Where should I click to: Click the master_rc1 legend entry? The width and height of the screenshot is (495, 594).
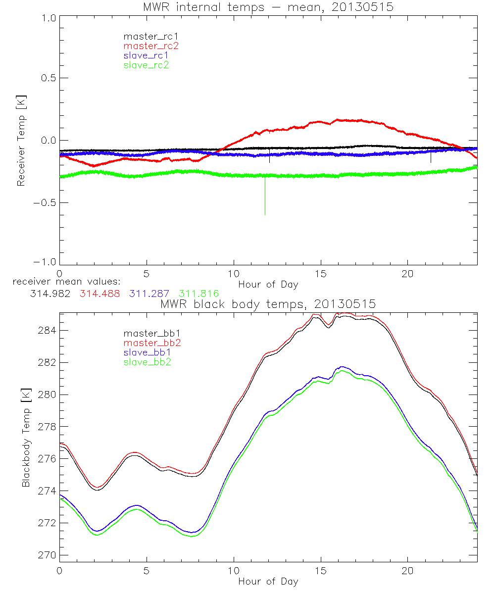[x=147, y=36]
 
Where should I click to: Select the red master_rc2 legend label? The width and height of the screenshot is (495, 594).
[x=150, y=46]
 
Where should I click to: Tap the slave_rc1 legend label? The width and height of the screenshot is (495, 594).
[x=147, y=55]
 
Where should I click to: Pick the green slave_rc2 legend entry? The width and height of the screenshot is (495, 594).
[x=147, y=64]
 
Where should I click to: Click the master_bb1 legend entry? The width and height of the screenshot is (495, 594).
[x=147, y=334]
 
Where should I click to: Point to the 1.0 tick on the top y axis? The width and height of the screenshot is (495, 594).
[x=49, y=18]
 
